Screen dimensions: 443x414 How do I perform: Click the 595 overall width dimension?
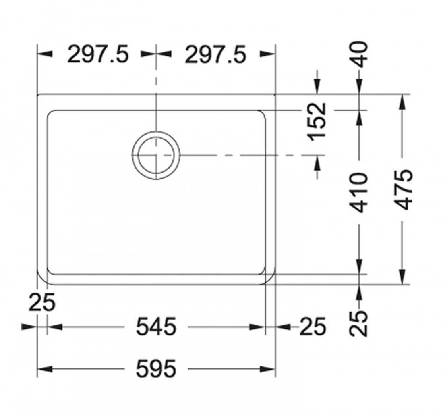tap(156, 368)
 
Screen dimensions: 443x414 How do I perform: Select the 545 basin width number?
tap(156, 327)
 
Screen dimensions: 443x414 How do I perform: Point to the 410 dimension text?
tap(359, 193)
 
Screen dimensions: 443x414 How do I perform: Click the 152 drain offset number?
tap(318, 122)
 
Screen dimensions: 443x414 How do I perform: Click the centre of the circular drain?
tap(156, 155)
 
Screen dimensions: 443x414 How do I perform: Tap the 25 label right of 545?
tap(313, 327)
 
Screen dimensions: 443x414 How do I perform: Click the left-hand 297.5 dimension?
tap(98, 54)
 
